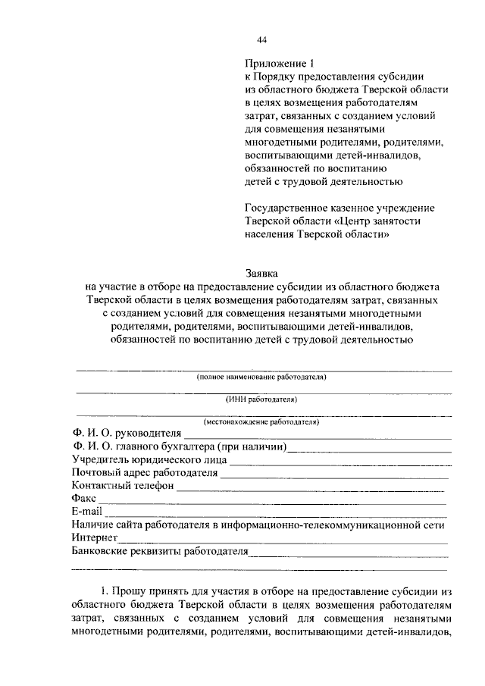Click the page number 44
262,39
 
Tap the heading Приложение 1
273,64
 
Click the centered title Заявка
261,271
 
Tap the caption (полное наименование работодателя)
261,377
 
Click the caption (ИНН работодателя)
261,399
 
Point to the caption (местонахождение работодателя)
261,421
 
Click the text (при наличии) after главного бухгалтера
252,446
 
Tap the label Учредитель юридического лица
149,459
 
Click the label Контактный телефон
123,485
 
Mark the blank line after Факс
273,501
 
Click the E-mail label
86,512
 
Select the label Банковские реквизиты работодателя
160,551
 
